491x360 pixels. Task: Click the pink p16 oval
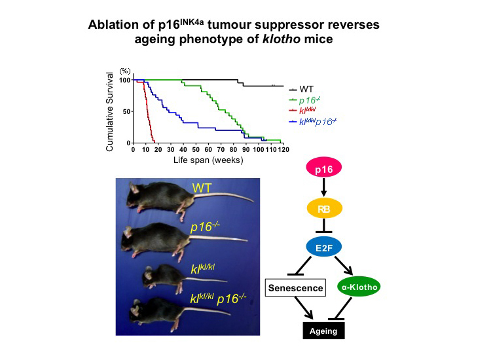[x=323, y=170]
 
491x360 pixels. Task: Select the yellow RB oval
[x=323, y=209]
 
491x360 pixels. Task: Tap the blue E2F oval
[x=323, y=247]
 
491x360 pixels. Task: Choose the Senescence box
[x=296, y=287]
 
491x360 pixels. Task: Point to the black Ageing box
[x=323, y=331]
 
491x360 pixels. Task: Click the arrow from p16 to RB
[x=323, y=189]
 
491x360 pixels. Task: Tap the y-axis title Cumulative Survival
[x=110, y=112]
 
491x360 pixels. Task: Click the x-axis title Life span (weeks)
[x=208, y=160]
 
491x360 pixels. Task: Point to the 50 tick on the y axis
[x=126, y=111]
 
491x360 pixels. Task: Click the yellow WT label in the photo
[x=201, y=190]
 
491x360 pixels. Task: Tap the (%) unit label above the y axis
[x=125, y=70]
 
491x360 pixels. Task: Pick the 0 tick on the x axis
[x=134, y=149]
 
